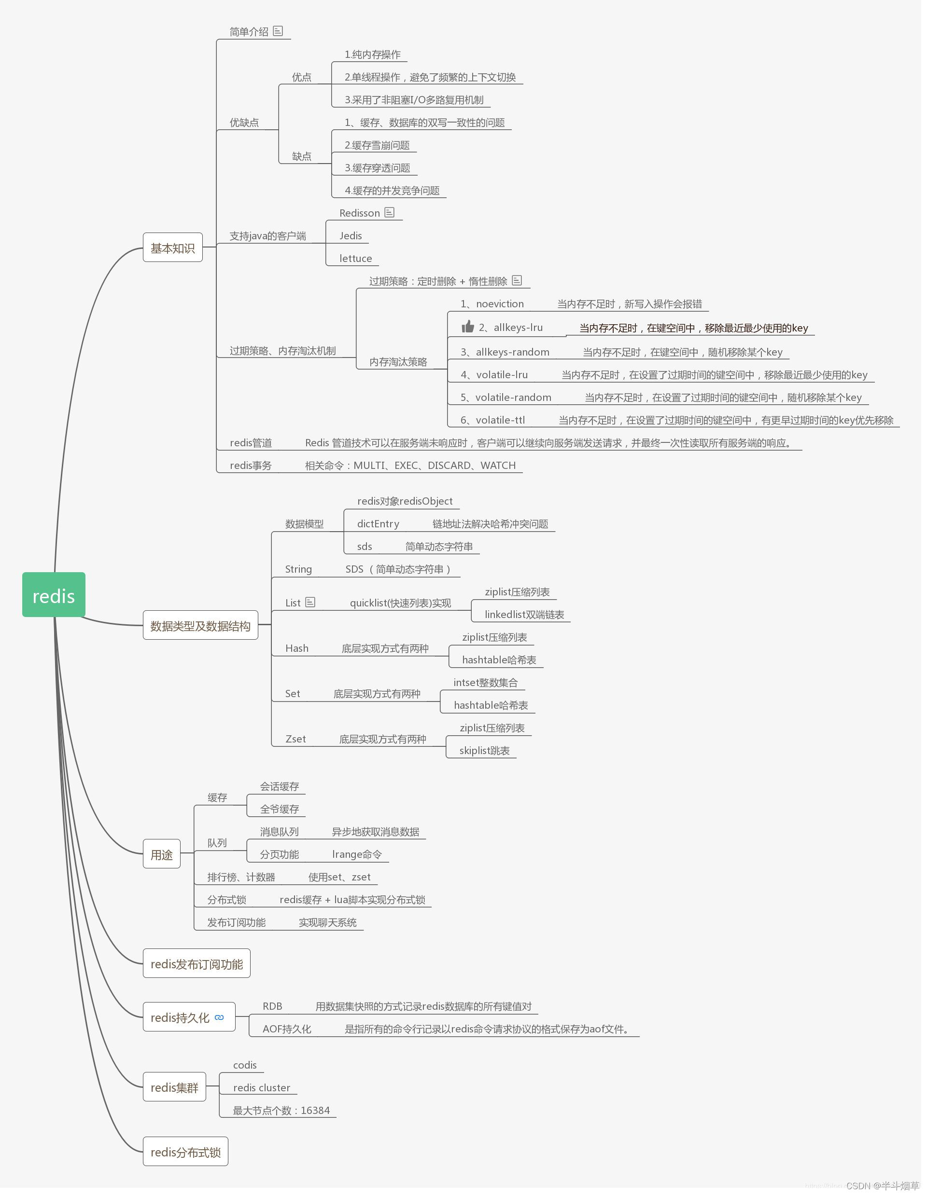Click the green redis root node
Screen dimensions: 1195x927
54,595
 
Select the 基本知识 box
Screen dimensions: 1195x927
172,248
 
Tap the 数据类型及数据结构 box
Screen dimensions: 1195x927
200,625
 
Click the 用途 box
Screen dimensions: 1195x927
162,854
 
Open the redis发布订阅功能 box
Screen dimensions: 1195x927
197,963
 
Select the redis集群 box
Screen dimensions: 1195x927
174,1087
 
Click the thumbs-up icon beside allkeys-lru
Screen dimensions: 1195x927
468,327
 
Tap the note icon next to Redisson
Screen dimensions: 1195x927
389,212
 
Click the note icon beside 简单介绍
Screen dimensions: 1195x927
278,31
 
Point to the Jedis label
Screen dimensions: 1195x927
351,236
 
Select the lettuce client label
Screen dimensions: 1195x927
355,258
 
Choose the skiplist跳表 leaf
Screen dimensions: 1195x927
484,751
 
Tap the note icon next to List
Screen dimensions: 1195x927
310,602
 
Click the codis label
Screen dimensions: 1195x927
245,1065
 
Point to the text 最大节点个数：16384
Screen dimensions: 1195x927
281,1110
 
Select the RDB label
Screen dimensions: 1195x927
272,1006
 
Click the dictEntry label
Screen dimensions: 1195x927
378,523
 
